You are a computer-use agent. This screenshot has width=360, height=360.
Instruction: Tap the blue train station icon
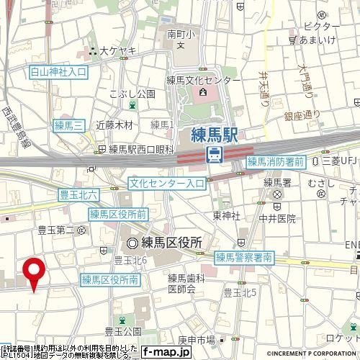point(214,153)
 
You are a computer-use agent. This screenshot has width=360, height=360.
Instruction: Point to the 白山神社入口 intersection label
point(58,72)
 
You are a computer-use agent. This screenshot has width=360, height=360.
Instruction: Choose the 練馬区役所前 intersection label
point(118,214)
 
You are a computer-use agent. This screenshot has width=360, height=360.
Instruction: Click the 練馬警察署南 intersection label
point(243,256)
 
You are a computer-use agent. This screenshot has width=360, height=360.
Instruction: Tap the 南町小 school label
point(176,32)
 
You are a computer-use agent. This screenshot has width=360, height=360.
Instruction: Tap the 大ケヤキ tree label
point(113,51)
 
